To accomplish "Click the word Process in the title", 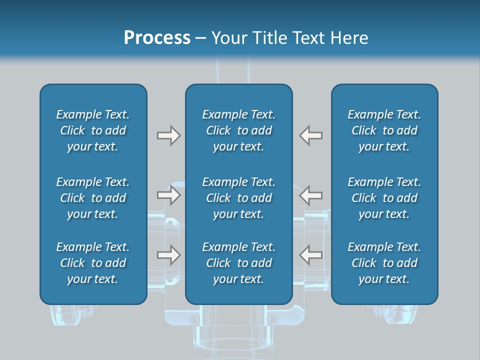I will [157, 38].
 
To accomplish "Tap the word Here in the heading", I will [350, 38].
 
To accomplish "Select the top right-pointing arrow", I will [168, 135].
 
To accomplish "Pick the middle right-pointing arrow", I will [168, 195].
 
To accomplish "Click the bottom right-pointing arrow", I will [168, 255].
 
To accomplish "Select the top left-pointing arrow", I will [311, 135].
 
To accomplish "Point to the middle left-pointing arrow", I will [311, 195].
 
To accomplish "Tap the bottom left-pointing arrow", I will [311, 255].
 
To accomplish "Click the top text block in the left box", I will [93, 130].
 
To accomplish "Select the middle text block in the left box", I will [93, 198].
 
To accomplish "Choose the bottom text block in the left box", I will [93, 263].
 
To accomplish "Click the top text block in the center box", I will [239, 130].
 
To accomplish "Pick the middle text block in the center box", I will [239, 198].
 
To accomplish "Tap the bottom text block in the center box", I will [239, 263].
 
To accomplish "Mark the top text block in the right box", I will [384, 130].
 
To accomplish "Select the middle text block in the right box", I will [384, 198].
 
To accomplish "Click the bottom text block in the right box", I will [384, 263].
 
